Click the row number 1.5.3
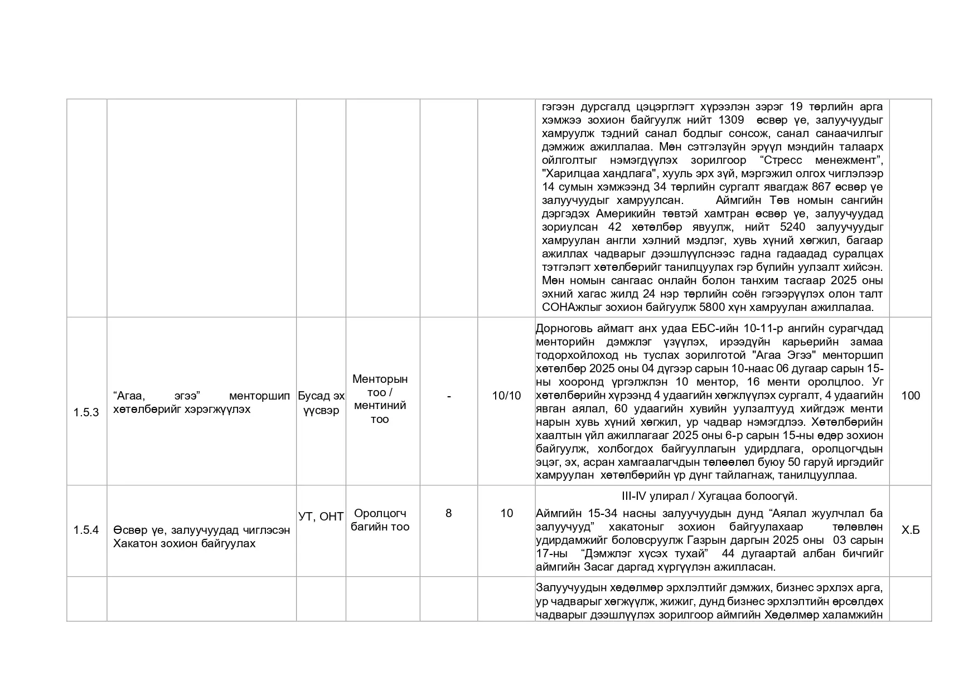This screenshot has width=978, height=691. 86,412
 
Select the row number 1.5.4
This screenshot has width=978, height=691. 86,529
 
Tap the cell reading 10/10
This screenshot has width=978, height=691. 506,396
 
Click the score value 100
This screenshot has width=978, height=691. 911,396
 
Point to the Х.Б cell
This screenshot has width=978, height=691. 911,529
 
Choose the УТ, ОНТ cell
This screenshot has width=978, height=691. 321,517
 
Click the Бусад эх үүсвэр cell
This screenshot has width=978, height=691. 321,403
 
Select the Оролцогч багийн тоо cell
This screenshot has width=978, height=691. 380,520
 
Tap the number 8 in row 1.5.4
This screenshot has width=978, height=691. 449,513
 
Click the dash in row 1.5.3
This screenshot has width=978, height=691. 449,396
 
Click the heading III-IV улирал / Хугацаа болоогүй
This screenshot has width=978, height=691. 709,496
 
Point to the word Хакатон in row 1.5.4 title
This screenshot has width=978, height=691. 132,543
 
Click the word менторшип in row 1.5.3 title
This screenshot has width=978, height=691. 259,396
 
